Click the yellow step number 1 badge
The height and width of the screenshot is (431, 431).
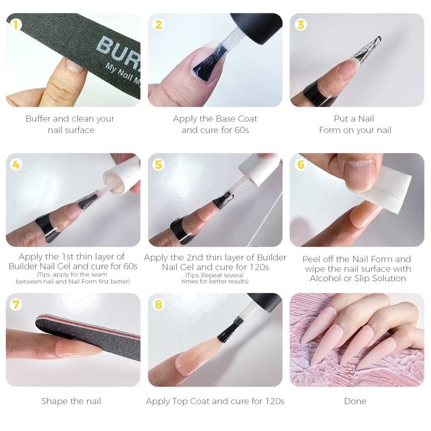[16, 24]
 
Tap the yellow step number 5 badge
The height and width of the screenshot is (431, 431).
[158, 164]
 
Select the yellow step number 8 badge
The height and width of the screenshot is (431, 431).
[158, 304]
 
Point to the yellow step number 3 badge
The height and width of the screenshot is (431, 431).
[301, 24]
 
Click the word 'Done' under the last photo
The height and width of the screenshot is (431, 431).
[355, 401]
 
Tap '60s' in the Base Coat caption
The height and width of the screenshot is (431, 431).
[241, 130]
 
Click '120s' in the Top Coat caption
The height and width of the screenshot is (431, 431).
[275, 401]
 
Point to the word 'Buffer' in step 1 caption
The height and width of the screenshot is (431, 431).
[38, 119]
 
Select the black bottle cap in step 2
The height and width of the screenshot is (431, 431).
[256, 27]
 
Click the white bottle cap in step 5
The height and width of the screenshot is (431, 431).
[260, 169]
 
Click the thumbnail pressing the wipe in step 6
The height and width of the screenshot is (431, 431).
[359, 176]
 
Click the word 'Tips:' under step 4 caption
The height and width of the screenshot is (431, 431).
[45, 275]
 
